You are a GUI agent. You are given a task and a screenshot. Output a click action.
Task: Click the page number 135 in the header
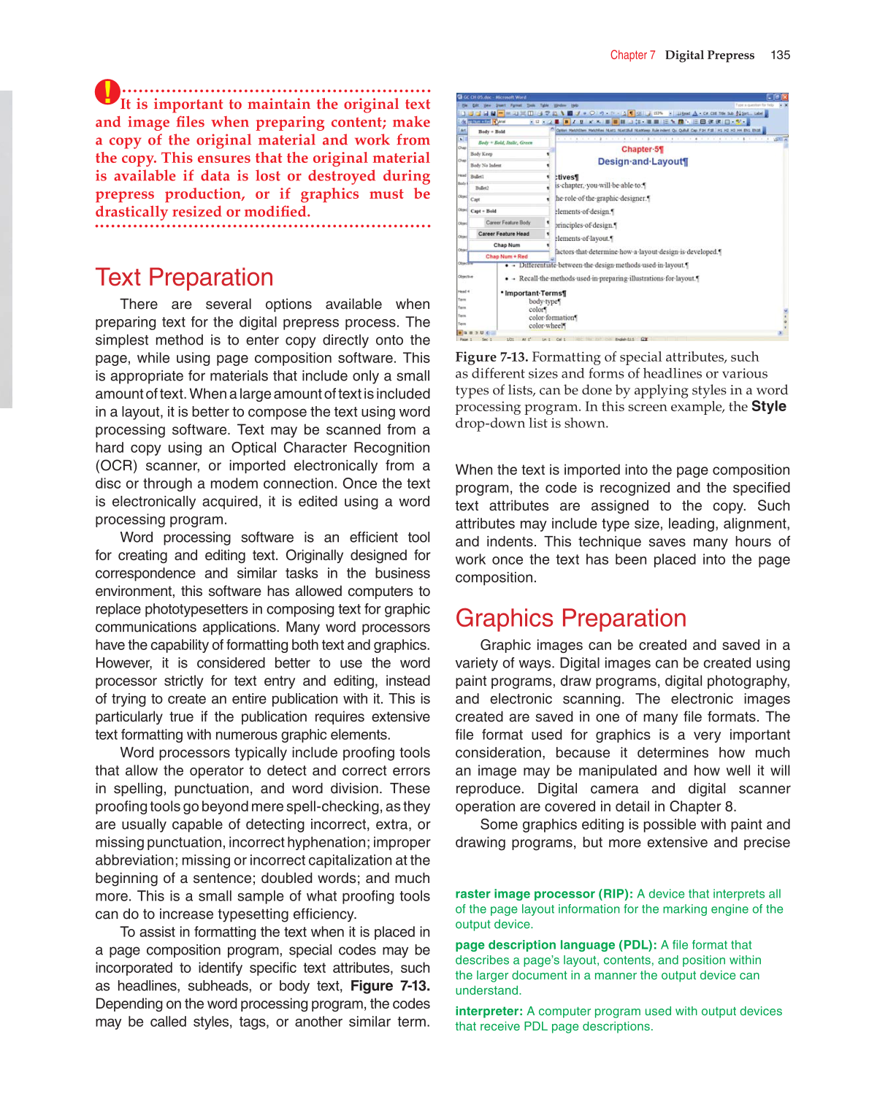780,56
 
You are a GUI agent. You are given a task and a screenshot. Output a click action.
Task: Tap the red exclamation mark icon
107,92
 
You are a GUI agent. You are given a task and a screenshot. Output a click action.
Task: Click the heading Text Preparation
184,278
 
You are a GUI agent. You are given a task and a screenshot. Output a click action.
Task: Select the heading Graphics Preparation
570,619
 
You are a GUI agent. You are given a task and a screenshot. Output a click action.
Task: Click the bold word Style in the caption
768,407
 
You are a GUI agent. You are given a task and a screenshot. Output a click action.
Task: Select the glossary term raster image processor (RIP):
544,894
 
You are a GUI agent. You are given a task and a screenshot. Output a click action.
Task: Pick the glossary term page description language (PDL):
556,945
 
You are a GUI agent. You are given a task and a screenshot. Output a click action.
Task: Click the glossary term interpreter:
489,1012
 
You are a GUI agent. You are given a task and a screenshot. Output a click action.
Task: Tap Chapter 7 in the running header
632,56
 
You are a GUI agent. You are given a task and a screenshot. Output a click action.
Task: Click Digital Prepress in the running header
709,56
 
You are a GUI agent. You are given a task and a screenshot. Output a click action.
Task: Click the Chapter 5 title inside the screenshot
642,149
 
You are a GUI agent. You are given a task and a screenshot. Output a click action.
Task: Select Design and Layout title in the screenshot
643,161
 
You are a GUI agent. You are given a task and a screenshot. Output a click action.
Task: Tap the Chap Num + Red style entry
507,256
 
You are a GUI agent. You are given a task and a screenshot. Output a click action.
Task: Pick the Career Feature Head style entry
504,234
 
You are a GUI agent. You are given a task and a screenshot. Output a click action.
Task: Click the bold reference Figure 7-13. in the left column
390,986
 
